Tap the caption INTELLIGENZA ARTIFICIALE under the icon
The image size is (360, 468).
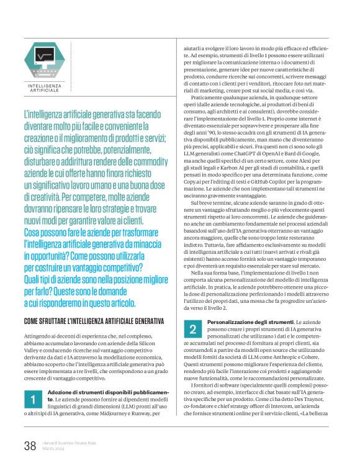pos(45,88)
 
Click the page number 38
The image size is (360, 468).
pos(30,444)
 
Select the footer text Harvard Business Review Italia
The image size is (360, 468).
pos(70,441)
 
